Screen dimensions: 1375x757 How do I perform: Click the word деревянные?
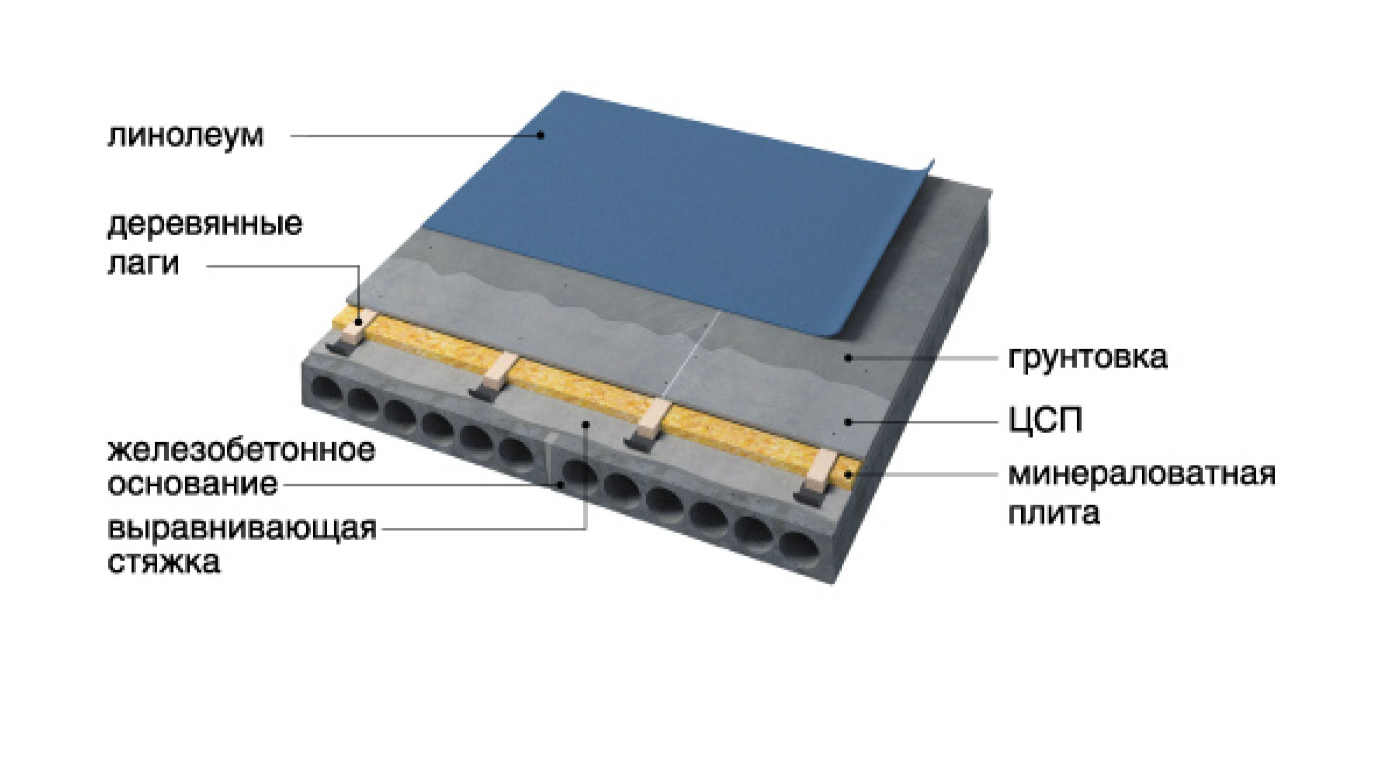(205, 225)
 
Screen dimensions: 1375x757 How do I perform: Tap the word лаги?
(143, 263)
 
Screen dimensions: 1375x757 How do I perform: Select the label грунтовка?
(1087, 357)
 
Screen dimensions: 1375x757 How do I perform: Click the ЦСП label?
(1046, 420)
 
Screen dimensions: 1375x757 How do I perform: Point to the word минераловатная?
(1142, 474)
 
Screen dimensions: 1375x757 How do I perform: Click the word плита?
(1054, 513)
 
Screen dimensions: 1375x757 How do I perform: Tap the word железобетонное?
(242, 451)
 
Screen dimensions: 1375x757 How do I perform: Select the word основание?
(193, 484)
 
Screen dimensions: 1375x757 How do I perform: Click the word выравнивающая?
(242, 529)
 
